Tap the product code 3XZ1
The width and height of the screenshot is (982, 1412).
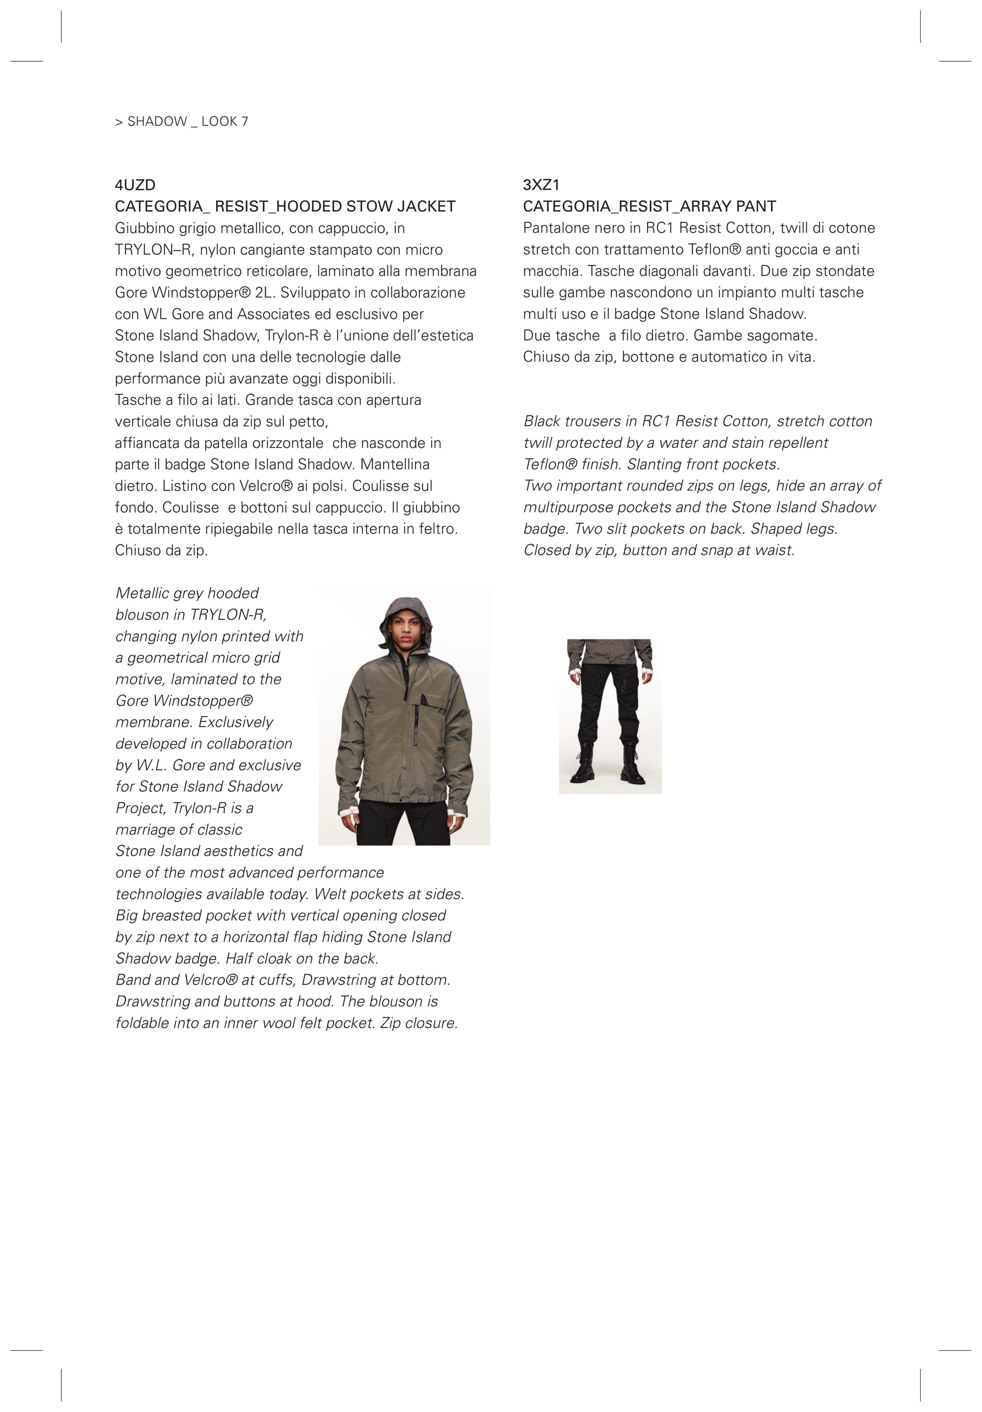[541, 185]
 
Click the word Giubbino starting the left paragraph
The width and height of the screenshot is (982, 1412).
[138, 228]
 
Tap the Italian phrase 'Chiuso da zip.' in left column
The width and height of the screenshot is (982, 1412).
[161, 551]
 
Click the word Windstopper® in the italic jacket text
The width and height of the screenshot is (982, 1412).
[202, 701]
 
